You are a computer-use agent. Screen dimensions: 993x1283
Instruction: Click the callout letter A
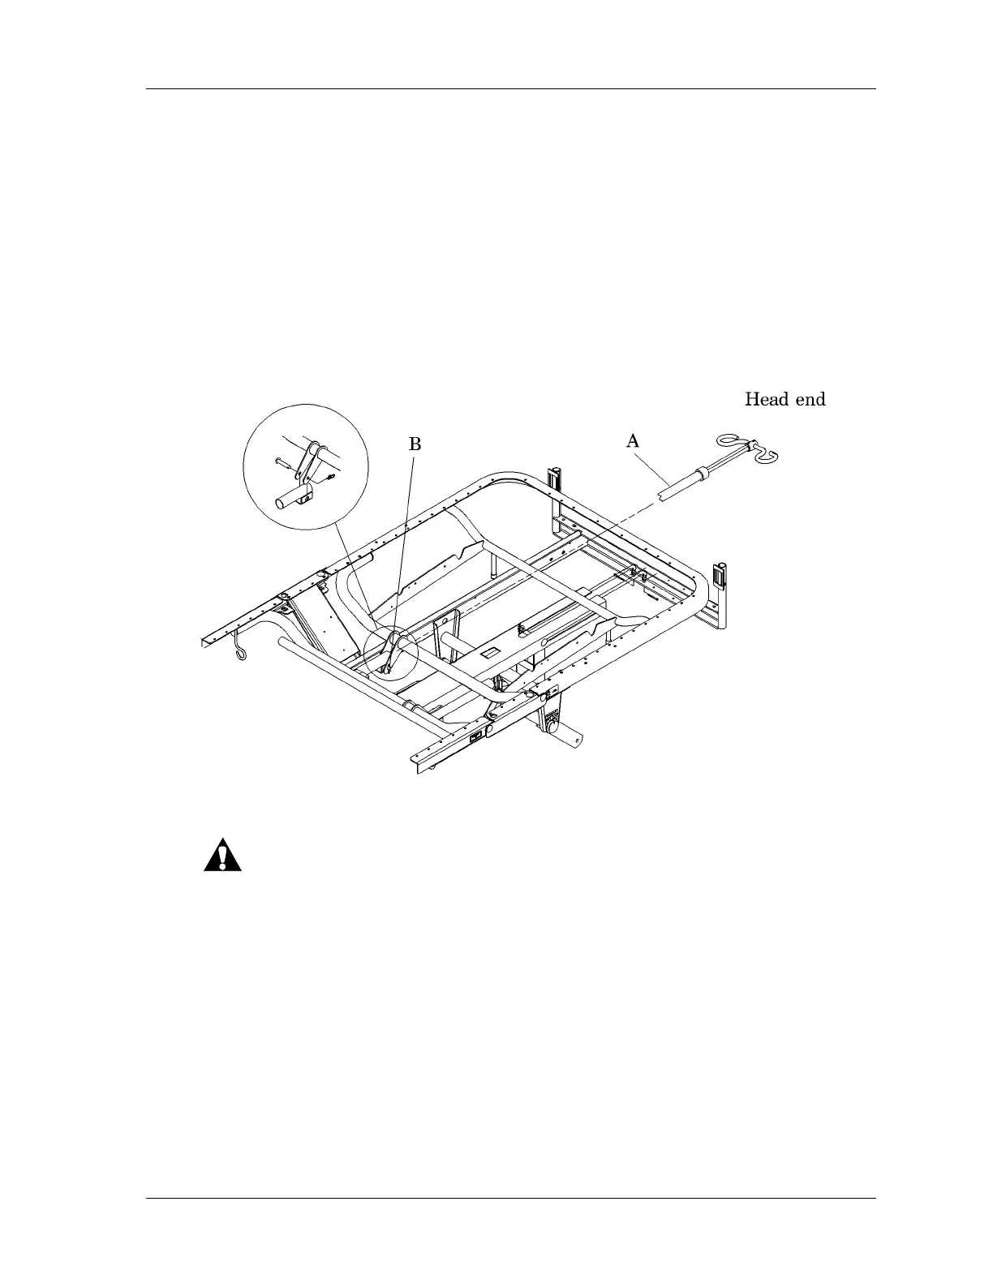pyautogui.click(x=633, y=441)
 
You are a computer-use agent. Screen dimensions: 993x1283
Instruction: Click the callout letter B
pyautogui.click(x=415, y=444)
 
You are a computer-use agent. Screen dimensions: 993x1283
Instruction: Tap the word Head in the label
pyautogui.click(x=767, y=399)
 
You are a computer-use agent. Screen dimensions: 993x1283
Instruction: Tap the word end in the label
pyautogui.click(x=811, y=399)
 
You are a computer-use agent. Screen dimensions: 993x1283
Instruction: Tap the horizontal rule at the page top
pyautogui.click(x=511, y=89)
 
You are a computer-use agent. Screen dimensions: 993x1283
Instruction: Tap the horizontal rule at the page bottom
pyautogui.click(x=511, y=1198)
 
